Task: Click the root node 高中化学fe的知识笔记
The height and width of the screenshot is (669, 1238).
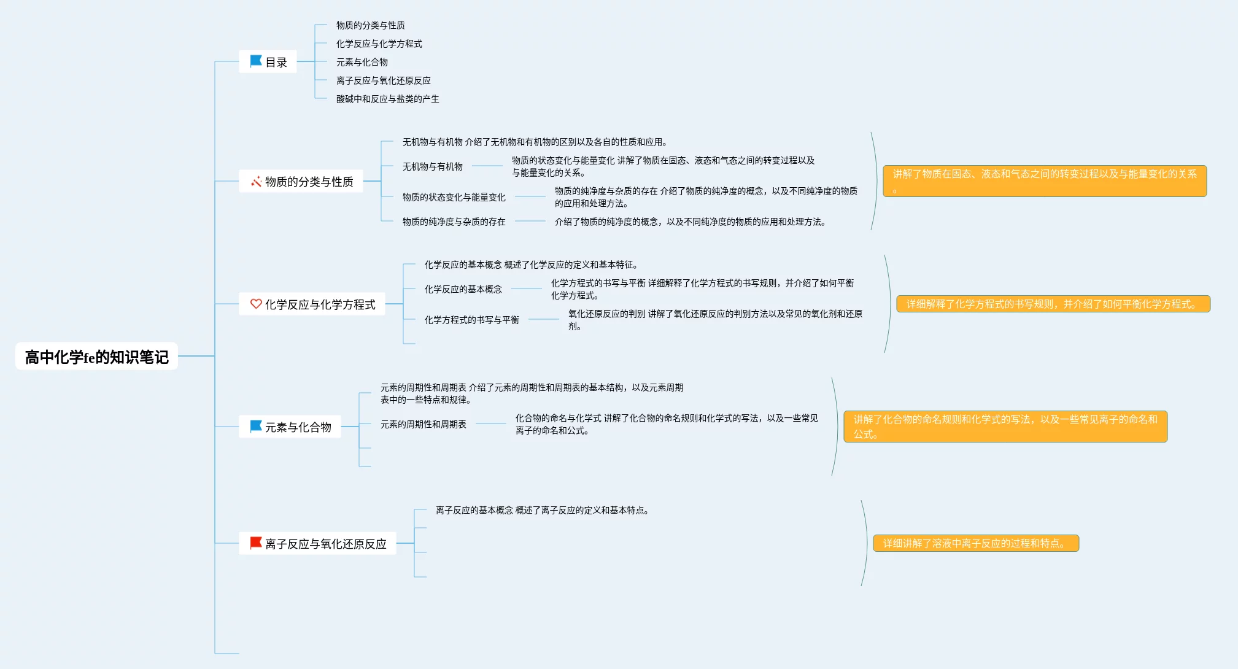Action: click(96, 357)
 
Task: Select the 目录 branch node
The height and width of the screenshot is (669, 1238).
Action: click(268, 62)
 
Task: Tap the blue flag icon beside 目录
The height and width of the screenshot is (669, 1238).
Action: click(255, 61)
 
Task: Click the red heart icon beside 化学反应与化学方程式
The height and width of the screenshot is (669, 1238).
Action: click(256, 304)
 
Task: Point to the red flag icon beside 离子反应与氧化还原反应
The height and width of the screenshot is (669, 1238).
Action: click(255, 543)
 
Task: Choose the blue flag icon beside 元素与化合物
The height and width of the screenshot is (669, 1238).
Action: click(255, 427)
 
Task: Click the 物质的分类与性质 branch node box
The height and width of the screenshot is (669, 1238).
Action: click(301, 182)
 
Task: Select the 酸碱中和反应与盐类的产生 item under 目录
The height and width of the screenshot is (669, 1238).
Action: click(387, 99)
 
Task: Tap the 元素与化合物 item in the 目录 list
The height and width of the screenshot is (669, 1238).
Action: click(362, 62)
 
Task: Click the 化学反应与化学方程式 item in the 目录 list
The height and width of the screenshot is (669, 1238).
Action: click(379, 44)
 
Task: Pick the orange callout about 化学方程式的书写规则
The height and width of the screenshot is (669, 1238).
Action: click(1053, 304)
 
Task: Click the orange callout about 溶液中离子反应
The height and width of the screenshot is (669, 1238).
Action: click(976, 543)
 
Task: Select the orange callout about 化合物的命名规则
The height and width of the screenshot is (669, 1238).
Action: click(1005, 427)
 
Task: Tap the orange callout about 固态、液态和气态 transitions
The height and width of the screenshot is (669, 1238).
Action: click(1045, 181)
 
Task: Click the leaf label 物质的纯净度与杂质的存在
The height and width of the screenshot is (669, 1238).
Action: click(454, 222)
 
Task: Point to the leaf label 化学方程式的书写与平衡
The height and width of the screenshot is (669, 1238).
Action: click(471, 320)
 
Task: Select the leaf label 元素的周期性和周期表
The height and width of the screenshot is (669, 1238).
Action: click(423, 424)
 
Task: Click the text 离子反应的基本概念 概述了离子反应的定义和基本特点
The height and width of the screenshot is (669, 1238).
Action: click(542, 510)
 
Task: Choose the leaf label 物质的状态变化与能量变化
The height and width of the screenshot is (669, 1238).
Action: click(454, 197)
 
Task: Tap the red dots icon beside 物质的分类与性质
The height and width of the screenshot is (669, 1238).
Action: click(256, 182)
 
